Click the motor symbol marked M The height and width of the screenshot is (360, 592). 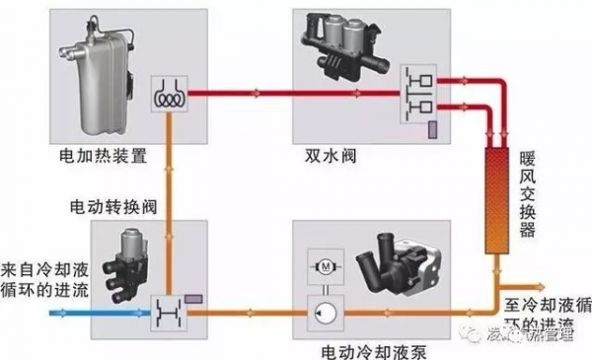tap(323, 267)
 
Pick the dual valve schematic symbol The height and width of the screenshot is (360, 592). tap(413, 97)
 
